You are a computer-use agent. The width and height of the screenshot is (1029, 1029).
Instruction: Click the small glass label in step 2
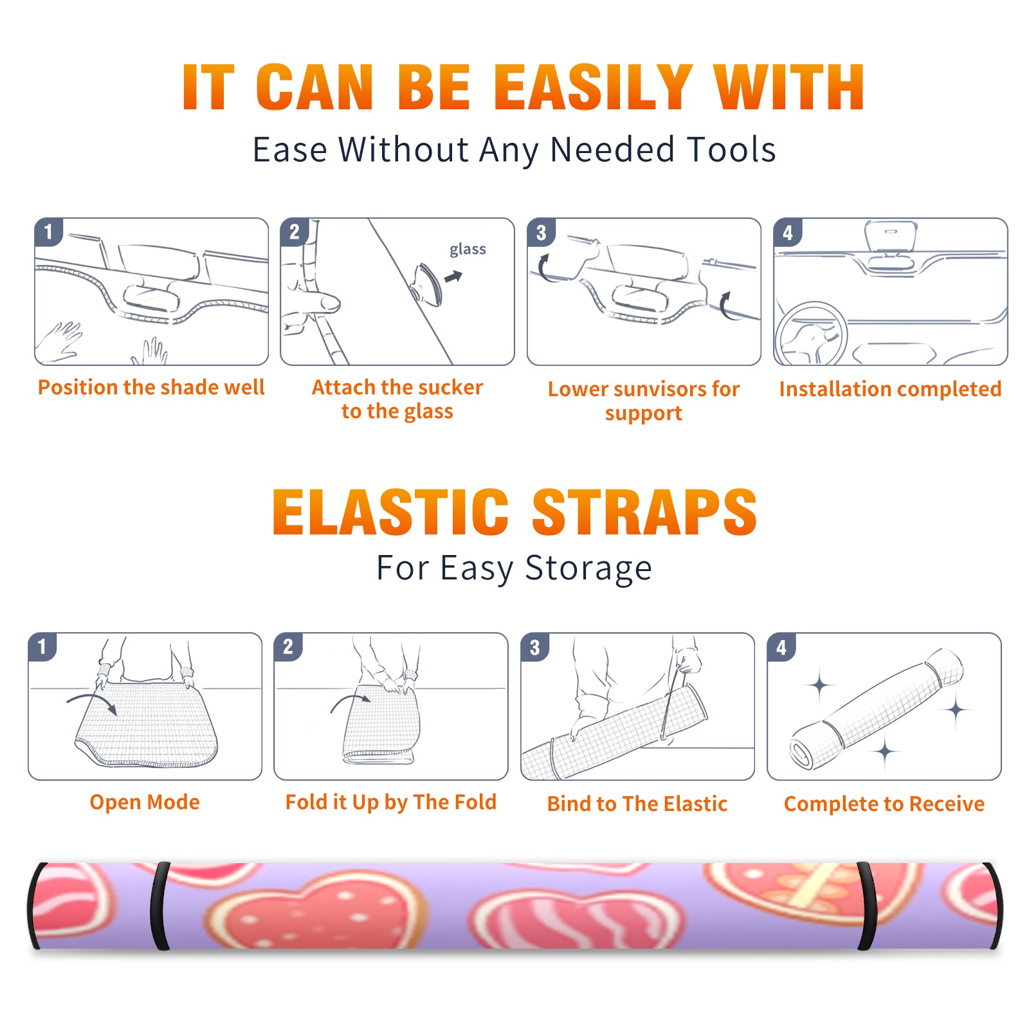[x=468, y=250]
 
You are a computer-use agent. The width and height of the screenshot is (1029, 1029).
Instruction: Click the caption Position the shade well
[x=151, y=387]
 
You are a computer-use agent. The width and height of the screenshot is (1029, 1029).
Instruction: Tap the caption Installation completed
[x=890, y=389]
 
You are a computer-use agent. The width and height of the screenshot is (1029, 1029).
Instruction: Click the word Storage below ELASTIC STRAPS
[x=588, y=569]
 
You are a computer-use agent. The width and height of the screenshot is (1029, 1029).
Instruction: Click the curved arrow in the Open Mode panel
[x=92, y=701]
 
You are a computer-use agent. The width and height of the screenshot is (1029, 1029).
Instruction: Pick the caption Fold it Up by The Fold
[x=391, y=802]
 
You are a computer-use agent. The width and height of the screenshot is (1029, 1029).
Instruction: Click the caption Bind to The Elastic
[x=637, y=804]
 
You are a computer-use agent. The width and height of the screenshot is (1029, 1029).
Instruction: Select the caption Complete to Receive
[x=884, y=804]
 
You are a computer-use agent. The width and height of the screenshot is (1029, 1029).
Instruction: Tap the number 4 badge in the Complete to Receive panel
[x=781, y=647]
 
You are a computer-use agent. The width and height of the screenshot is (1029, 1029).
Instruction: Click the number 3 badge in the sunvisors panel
[x=542, y=232]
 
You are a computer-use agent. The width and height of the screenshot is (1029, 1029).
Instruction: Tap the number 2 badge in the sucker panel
[x=295, y=232]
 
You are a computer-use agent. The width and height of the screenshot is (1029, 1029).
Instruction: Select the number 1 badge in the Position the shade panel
[x=49, y=232]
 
